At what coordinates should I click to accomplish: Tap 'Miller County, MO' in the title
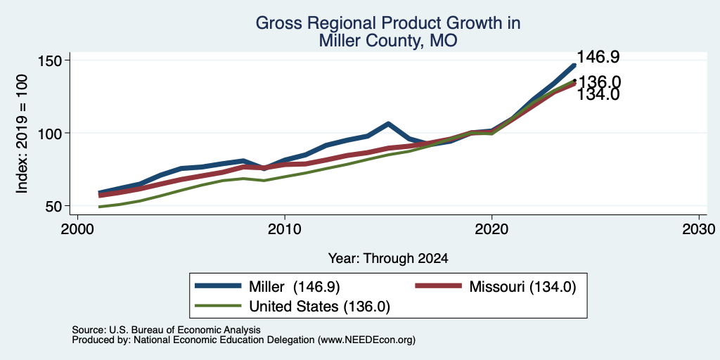pos(388,41)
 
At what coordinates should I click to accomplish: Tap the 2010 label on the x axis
pos(285,229)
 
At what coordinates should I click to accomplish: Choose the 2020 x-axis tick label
pos(491,229)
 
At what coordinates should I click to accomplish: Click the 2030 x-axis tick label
pos(698,229)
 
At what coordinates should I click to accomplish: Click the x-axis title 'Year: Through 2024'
pos(388,259)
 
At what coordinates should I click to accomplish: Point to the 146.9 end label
pos(598,57)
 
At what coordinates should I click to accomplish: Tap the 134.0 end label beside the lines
pos(598,95)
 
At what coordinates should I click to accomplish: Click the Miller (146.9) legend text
pos(294,287)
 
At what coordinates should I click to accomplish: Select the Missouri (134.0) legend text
pos(522,287)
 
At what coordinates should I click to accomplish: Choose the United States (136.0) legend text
pos(319,307)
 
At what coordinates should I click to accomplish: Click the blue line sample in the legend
pos(218,285)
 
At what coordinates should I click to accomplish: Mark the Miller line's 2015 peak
pos(388,124)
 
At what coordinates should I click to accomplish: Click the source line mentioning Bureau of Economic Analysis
pos(166,330)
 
